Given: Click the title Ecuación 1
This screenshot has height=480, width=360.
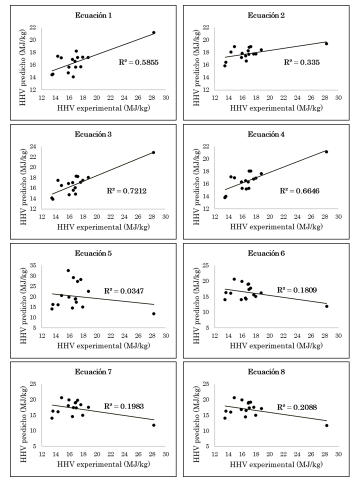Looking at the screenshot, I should coord(95,15).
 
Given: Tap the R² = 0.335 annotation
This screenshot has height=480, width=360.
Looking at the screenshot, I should coord(301,62).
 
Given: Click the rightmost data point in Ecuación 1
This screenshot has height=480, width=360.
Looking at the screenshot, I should coord(153,32).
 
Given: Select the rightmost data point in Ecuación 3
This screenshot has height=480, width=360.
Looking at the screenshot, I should coord(153,152).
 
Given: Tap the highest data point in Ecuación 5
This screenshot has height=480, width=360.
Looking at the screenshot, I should coord(68,270).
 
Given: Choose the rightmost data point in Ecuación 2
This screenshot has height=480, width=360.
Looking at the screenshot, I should coord(326,43).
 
